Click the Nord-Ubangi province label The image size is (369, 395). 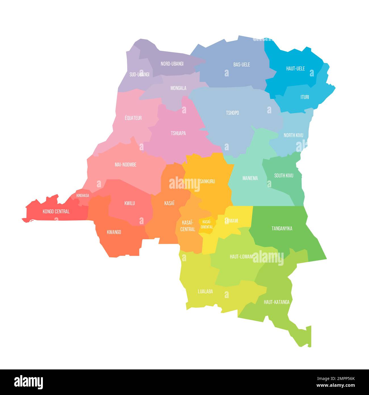(172, 64)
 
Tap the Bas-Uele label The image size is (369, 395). (242, 65)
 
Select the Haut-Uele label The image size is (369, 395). (295, 68)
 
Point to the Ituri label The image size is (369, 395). (305, 97)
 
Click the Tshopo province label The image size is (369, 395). (232, 113)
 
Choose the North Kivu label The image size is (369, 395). (293, 135)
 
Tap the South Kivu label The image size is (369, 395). (284, 176)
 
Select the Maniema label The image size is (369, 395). (250, 178)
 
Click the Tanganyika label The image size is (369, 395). (282, 228)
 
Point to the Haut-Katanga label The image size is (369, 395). (276, 302)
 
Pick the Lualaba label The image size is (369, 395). (205, 291)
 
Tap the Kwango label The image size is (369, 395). (114, 232)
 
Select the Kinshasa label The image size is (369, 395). (83, 196)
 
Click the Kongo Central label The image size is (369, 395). (56, 211)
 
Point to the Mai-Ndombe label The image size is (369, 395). (125, 165)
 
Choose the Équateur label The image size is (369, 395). (133, 118)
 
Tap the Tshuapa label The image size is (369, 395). (178, 133)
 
